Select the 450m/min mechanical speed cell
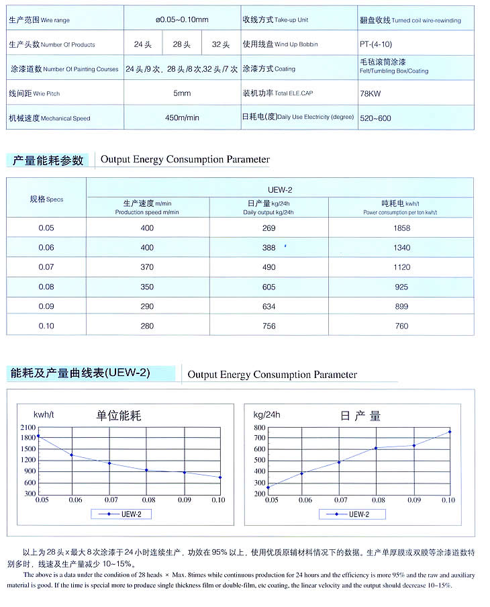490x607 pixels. [x=182, y=118]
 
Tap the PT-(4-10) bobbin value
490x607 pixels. [x=376, y=44]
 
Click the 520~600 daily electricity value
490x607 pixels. [x=375, y=118]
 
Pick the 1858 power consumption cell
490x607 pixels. [x=401, y=228]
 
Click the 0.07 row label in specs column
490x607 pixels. [x=46, y=267]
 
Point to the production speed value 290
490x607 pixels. [x=148, y=306]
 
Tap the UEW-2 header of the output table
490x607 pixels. [x=268, y=189]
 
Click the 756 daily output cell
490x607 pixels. [x=268, y=326]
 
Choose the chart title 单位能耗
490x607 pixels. [x=119, y=416]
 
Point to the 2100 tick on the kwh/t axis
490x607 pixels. [x=28, y=427]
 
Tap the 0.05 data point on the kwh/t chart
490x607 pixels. [x=38, y=436]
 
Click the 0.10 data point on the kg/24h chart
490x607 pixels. [x=450, y=432]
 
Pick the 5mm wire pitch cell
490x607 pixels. [x=182, y=93]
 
